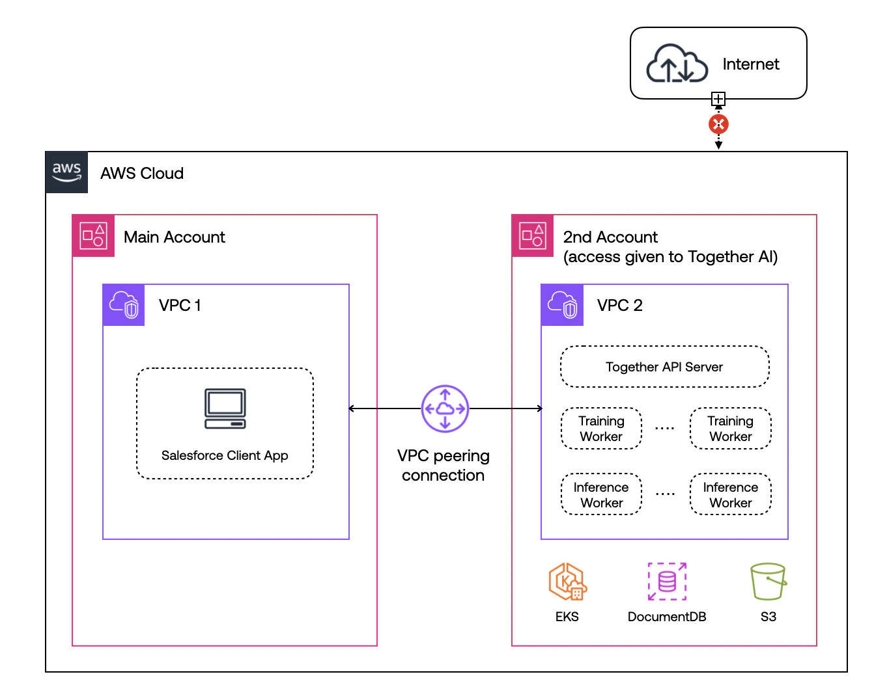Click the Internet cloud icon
(x=677, y=64)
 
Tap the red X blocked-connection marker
(x=718, y=124)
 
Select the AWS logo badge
(x=66, y=172)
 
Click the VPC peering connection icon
(x=445, y=408)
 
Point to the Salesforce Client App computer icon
(x=225, y=409)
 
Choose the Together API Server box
(x=664, y=367)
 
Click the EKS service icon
(x=567, y=582)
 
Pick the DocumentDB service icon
(x=667, y=582)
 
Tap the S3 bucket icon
(x=768, y=582)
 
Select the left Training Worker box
(x=601, y=429)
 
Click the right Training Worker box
(x=730, y=429)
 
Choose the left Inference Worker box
(x=601, y=494)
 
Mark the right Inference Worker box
(x=730, y=494)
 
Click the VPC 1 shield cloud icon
(x=124, y=305)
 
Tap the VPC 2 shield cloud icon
(x=563, y=305)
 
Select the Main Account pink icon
(x=93, y=235)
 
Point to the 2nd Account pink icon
(x=533, y=235)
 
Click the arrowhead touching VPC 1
(x=352, y=408)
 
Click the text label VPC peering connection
(x=444, y=465)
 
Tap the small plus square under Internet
(x=718, y=99)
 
